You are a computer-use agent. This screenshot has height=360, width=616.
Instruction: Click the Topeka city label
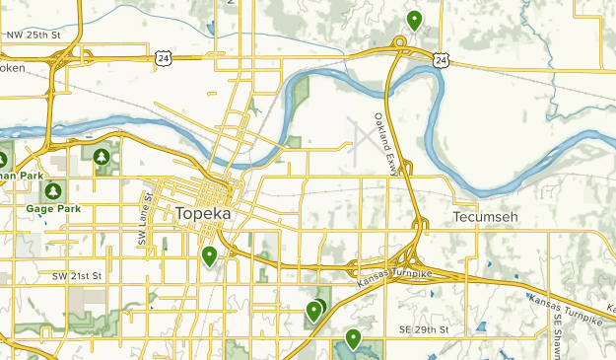(x=203, y=214)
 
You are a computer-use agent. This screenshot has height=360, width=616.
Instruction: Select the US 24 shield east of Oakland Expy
(x=441, y=61)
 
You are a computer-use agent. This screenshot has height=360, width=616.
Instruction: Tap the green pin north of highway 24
(x=414, y=20)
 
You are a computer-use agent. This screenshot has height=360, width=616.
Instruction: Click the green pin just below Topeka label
(x=209, y=256)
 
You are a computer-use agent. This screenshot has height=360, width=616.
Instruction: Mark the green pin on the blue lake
(x=352, y=340)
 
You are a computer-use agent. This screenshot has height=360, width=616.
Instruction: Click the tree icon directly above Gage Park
(x=52, y=189)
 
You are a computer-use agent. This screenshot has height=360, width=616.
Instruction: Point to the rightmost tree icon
(x=102, y=157)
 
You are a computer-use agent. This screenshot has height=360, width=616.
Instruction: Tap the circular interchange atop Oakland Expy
(x=400, y=41)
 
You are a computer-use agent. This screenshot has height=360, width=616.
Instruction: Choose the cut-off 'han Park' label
(x=23, y=176)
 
